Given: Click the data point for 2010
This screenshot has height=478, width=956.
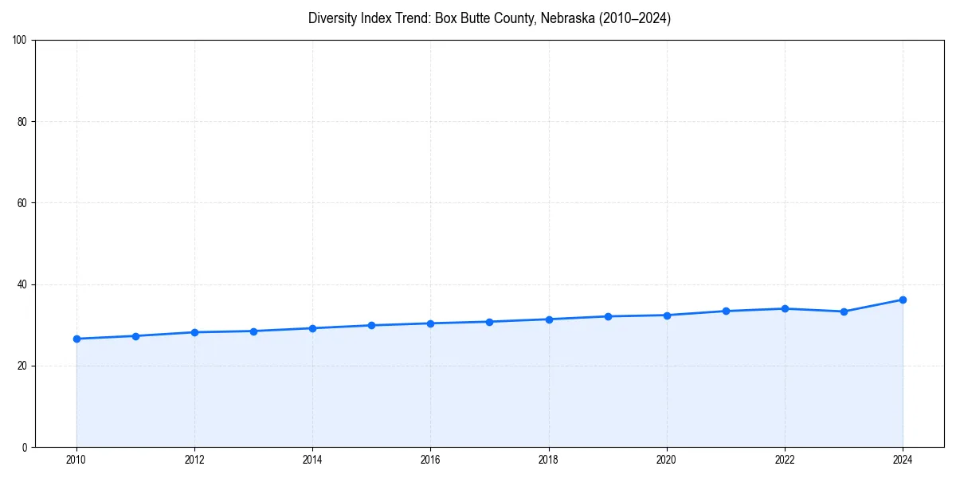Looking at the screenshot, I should tap(76, 339).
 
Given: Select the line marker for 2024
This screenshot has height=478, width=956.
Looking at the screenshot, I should tap(903, 300).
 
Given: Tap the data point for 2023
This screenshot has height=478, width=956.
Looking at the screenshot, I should tap(844, 311).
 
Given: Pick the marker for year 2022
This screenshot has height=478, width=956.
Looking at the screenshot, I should tap(785, 308).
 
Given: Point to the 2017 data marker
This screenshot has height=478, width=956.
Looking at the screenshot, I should tap(489, 322).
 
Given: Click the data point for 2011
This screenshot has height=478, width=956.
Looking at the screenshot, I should tap(135, 336).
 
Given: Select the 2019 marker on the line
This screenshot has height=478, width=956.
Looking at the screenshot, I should tap(608, 316).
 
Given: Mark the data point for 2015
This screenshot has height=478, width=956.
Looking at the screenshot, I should tap(371, 325).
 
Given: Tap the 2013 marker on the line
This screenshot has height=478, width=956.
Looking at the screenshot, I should tap(253, 331).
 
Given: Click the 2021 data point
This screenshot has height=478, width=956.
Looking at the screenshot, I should tap(726, 311).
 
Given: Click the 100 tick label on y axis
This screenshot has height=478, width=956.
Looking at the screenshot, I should tap(20, 41).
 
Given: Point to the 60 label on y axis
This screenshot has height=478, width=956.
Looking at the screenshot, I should tap(22, 203).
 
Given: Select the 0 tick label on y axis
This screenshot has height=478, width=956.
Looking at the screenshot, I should tap(25, 447).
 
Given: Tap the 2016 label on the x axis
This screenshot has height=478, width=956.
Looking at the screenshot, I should tap(430, 460).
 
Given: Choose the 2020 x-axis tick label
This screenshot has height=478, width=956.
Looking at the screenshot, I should tap(667, 460).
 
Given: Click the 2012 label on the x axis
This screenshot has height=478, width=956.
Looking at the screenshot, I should tap(194, 460).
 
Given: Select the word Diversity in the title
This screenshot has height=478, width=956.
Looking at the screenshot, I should tap(335, 18).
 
